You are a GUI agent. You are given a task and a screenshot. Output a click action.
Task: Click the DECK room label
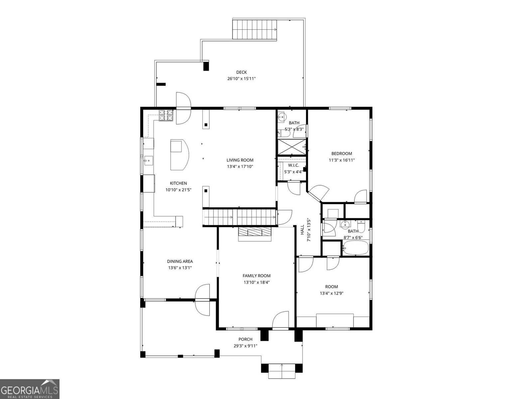241,72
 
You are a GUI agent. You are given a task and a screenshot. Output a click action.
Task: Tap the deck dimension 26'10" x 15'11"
241,79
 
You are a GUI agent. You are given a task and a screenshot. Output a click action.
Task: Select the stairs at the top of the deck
254,30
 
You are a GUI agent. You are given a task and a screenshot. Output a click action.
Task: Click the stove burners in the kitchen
166,115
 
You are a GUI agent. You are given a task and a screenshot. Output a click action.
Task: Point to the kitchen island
180,155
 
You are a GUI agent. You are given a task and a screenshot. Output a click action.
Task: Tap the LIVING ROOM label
240,160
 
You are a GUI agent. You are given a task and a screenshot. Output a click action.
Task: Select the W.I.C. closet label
293,165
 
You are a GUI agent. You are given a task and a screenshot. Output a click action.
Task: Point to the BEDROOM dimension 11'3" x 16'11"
341,160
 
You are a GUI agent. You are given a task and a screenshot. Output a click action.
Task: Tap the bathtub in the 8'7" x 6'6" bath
356,248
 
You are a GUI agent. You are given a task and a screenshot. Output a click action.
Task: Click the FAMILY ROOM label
256,276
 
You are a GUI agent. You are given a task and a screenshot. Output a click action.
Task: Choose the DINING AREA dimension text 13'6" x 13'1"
180,268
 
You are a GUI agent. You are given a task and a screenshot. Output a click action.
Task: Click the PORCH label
245,339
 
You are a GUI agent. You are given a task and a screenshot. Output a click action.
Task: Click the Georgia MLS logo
30,389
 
